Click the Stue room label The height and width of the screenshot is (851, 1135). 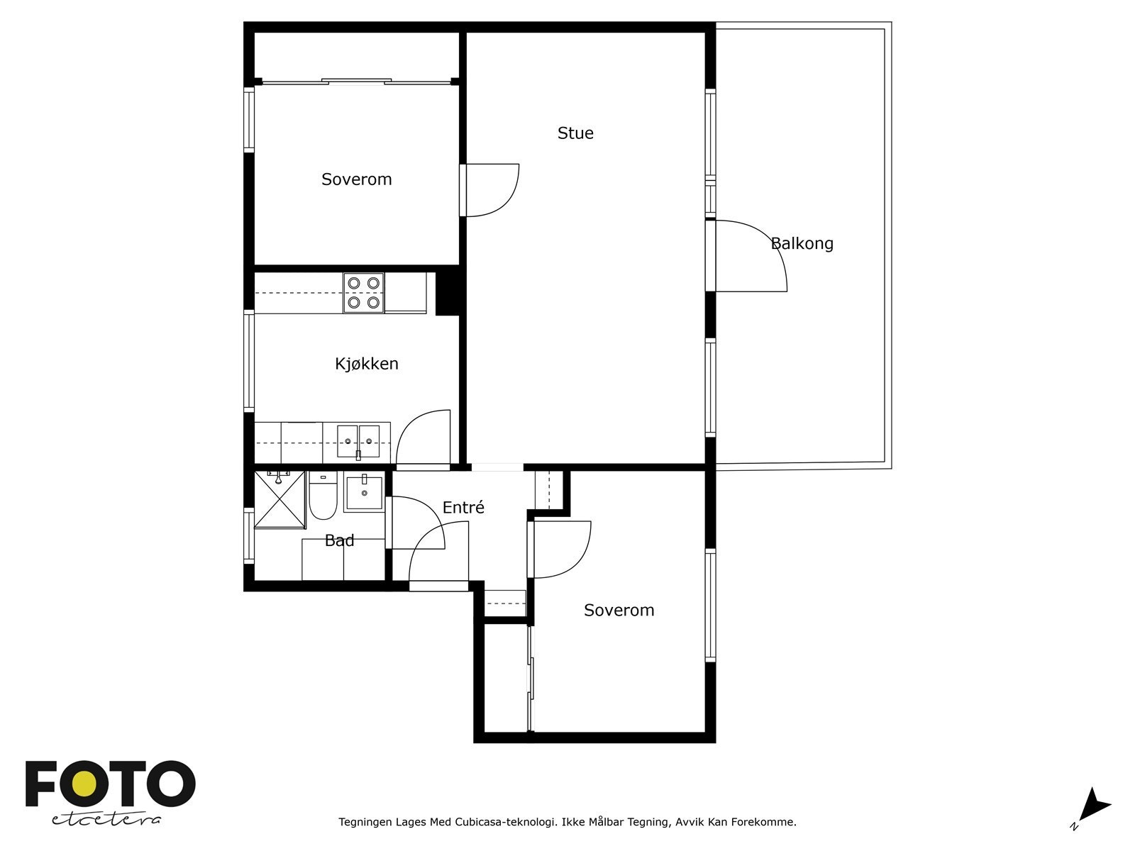click(x=575, y=133)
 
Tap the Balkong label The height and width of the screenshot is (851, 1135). click(x=802, y=243)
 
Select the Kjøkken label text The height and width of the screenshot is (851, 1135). click(x=367, y=364)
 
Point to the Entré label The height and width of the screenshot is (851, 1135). click(x=463, y=507)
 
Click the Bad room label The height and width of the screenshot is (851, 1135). click(x=339, y=540)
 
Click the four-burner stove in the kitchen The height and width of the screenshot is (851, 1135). click(x=363, y=293)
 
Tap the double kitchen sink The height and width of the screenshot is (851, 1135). click(x=358, y=442)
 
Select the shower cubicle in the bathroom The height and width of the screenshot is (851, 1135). click(x=279, y=500)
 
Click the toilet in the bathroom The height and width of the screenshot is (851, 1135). click(x=323, y=496)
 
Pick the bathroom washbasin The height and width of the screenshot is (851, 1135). click(x=364, y=492)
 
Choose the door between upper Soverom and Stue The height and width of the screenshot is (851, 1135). click(x=489, y=190)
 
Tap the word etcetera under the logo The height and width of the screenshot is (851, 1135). click(x=106, y=820)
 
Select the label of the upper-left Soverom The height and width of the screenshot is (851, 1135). click(x=356, y=179)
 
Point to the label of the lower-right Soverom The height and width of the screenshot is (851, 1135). click(x=619, y=610)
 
